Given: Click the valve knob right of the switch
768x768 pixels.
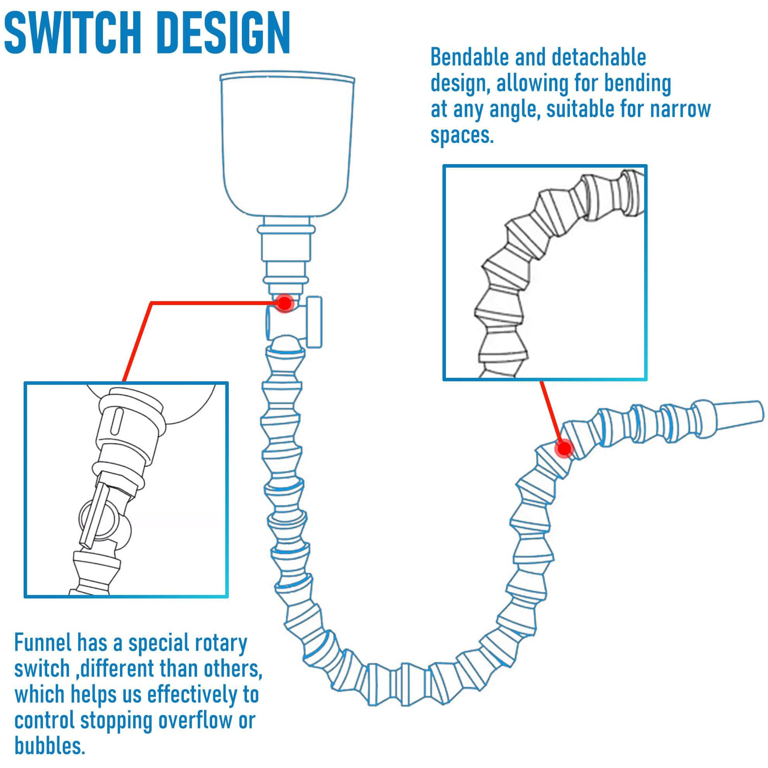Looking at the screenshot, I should (316, 321).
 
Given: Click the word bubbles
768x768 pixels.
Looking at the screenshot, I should (50, 745).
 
